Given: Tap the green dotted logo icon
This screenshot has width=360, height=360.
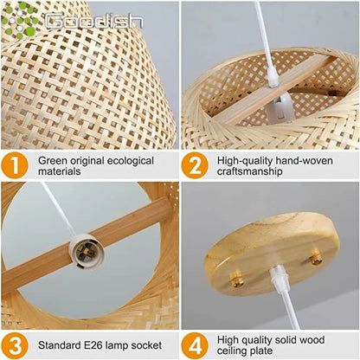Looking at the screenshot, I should click(x=21, y=18).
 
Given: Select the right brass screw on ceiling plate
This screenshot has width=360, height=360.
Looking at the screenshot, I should click(x=317, y=258).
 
